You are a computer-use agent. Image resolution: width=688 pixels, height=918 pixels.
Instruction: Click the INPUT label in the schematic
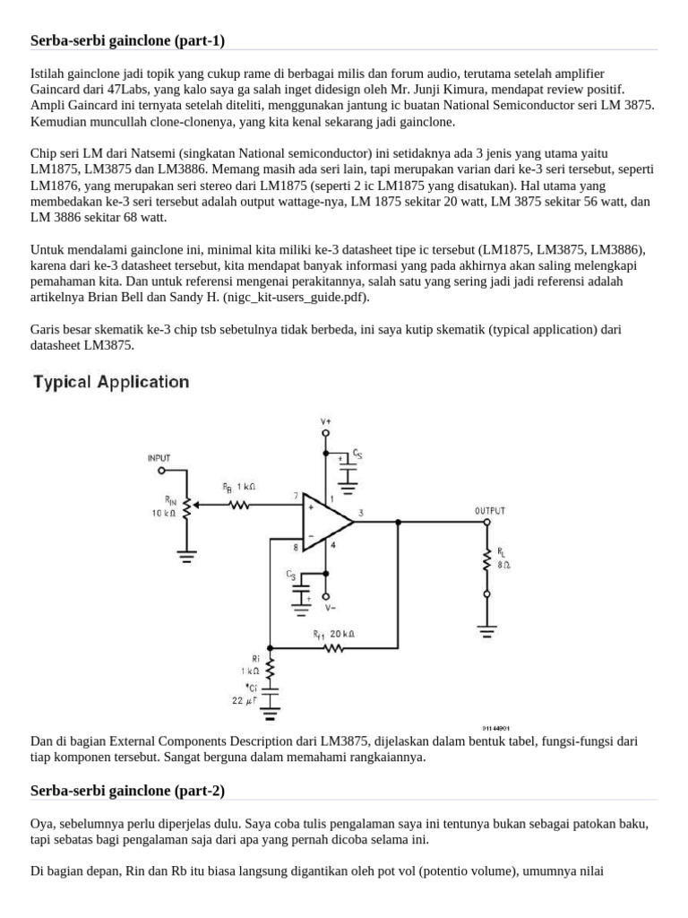point(159,458)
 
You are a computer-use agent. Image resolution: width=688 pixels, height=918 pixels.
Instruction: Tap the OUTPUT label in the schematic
point(489,510)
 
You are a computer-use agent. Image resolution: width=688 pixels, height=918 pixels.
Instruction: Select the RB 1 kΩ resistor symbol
point(239,505)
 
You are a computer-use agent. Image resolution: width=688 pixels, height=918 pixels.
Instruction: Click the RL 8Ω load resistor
point(486,559)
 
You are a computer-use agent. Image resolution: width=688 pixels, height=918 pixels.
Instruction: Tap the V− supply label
point(332,607)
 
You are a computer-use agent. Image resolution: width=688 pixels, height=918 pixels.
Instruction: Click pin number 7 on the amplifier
point(295,496)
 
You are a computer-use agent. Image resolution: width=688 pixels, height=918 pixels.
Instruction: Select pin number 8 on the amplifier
point(295,545)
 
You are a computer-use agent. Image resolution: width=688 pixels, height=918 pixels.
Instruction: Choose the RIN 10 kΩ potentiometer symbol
point(186,508)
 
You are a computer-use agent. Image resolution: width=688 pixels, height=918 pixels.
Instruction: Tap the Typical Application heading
point(111,382)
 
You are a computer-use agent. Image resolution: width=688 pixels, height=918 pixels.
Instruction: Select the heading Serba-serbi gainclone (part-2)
point(127,790)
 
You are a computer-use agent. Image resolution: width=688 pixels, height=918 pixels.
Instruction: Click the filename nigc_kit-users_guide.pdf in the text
point(286,297)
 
